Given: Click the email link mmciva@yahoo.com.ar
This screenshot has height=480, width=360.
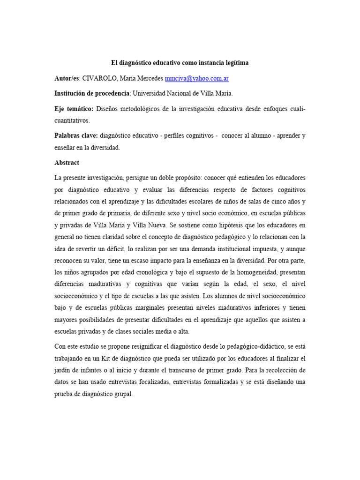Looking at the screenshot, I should coord(196,78).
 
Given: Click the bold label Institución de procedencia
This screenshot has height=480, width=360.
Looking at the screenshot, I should coord(92,93).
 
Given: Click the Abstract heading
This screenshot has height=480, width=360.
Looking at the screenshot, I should coord(67,163).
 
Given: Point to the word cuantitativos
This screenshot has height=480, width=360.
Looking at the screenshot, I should coord(74,120).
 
